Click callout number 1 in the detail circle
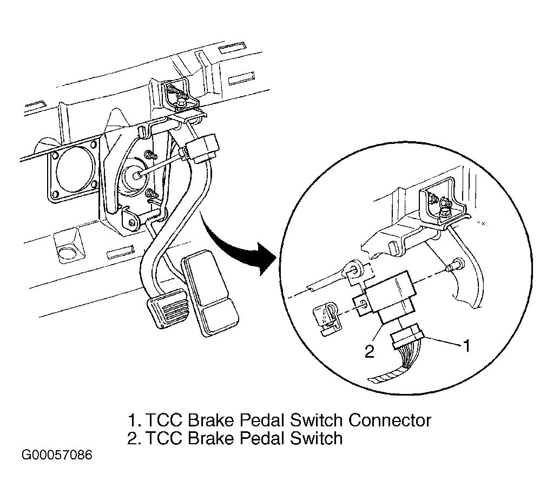[466, 346]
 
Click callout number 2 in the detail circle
[369, 352]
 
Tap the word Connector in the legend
[390, 420]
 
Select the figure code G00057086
[57, 455]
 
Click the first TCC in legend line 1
[164, 420]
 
